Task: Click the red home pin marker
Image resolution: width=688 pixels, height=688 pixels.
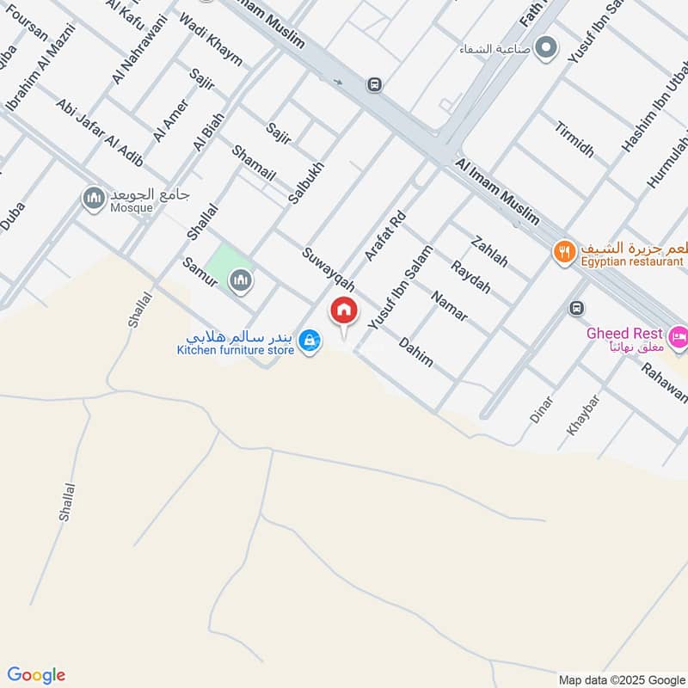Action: [344, 311]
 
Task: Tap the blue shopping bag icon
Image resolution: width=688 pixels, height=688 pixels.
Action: [310, 342]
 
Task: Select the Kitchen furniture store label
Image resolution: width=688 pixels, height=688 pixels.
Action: [235, 350]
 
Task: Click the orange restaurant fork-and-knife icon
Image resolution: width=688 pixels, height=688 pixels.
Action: [564, 251]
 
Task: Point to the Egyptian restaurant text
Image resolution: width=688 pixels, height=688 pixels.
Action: [632, 261]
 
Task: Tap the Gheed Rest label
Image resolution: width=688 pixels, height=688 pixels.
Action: [624, 333]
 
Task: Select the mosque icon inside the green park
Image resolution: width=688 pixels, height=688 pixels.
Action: [241, 279]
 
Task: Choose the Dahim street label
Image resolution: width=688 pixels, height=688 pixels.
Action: [415, 352]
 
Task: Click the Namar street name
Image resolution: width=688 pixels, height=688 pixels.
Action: [449, 306]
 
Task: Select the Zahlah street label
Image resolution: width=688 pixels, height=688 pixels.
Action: [490, 249]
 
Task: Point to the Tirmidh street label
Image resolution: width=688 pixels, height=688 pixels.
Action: [574, 138]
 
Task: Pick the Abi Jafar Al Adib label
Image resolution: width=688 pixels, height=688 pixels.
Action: [100, 133]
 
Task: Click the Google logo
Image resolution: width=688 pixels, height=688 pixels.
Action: [36, 674]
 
